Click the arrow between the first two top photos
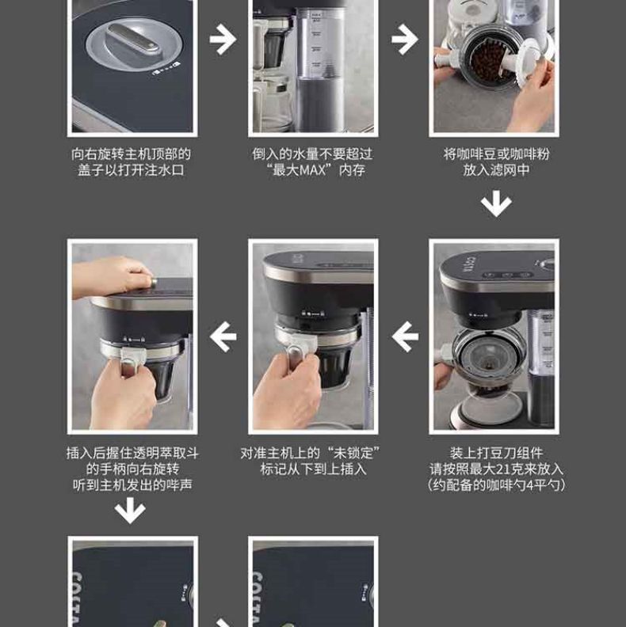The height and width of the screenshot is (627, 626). point(223,40)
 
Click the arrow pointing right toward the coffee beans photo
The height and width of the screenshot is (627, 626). point(405,40)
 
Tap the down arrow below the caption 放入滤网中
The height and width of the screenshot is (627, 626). point(496,203)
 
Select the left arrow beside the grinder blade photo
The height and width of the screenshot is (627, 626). point(405,336)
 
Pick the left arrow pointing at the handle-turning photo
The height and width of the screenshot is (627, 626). point(223,336)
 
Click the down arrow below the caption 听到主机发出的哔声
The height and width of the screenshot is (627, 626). point(130,511)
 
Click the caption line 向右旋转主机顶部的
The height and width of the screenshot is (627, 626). point(132,154)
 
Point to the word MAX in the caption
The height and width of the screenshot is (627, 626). point(312,170)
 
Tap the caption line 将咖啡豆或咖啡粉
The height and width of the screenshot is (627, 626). point(496,154)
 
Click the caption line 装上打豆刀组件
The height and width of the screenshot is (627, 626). point(496,453)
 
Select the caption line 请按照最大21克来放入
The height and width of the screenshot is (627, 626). point(496,469)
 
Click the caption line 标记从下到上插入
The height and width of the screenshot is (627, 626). point(314,469)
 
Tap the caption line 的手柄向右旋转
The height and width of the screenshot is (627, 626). point(132,469)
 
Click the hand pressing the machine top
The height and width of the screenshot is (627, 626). point(112,276)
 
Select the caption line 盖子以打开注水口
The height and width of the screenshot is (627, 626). point(132,170)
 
